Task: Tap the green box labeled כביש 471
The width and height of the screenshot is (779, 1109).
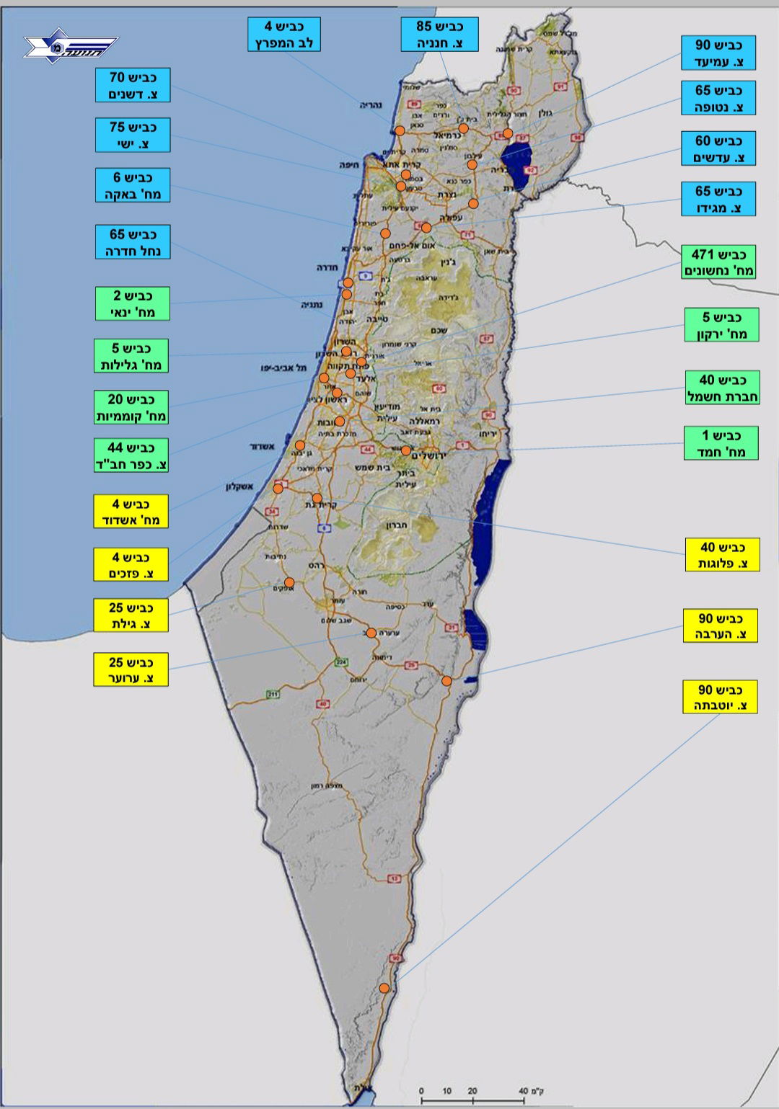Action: click(x=718, y=262)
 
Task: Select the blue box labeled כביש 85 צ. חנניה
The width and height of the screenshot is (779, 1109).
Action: click(x=439, y=35)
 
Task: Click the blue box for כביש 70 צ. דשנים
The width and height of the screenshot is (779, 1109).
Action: click(x=133, y=86)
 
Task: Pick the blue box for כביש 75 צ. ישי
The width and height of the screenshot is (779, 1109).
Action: click(x=133, y=135)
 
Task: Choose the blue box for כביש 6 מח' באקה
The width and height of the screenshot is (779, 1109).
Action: click(x=133, y=185)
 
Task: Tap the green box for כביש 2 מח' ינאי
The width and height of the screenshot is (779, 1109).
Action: click(x=132, y=304)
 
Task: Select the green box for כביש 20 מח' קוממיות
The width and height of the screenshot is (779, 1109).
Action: click(x=131, y=408)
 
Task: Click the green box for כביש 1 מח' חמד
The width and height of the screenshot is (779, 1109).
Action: click(x=721, y=443)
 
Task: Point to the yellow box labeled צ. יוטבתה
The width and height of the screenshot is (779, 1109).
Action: click(x=720, y=698)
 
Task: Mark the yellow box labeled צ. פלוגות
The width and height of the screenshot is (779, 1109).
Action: click(x=722, y=555)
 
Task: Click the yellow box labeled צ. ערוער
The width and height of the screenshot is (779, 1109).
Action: click(x=131, y=669)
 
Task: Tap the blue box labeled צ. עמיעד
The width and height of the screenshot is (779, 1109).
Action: click(x=718, y=53)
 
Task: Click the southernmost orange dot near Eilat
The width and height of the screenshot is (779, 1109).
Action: click(x=384, y=988)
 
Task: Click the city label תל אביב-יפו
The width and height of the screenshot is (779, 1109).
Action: click(x=283, y=368)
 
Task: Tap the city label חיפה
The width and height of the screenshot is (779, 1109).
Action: click(x=351, y=165)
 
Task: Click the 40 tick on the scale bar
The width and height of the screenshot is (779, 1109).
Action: click(x=523, y=1091)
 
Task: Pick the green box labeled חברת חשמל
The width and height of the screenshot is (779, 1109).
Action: click(x=722, y=388)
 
